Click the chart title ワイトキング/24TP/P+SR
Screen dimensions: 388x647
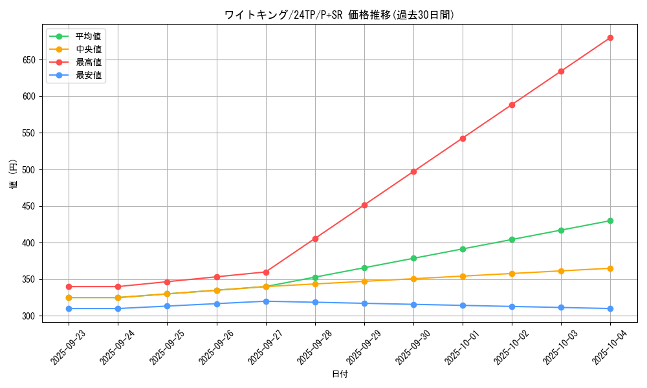(x=340, y=15)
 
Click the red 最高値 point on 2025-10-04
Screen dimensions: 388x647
(x=610, y=38)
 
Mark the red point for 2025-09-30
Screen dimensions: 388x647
(x=413, y=171)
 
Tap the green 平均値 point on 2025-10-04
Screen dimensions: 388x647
(x=610, y=221)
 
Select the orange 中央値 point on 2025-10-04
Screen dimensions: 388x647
(x=610, y=268)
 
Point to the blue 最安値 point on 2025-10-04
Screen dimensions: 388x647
(x=610, y=308)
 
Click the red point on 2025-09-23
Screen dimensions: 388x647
(x=69, y=286)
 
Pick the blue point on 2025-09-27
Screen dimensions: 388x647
(x=266, y=301)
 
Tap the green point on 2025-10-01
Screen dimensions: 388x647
(x=463, y=249)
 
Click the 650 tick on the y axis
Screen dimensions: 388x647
(x=32, y=60)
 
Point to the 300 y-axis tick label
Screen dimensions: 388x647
(x=32, y=316)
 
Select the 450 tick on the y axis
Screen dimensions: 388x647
(x=32, y=207)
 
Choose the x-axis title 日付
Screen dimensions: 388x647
(x=340, y=374)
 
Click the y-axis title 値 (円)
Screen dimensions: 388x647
(x=14, y=175)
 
